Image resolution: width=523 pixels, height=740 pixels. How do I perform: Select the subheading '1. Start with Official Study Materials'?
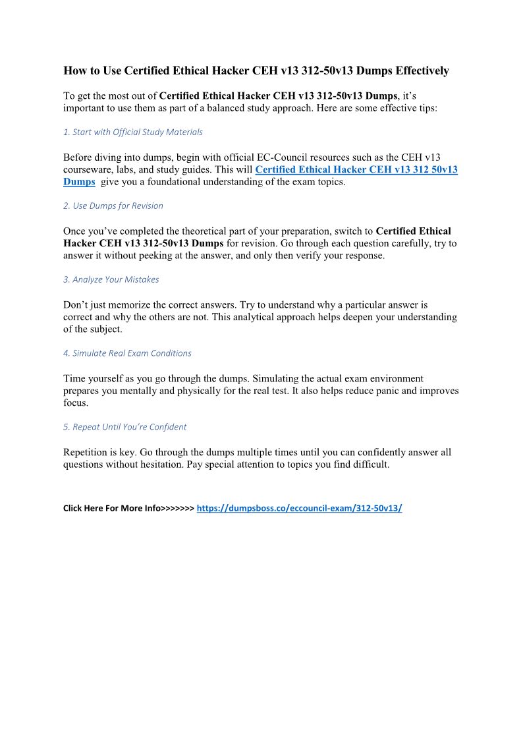point(132,132)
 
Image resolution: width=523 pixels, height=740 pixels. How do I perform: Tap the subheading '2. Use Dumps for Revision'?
point(113,206)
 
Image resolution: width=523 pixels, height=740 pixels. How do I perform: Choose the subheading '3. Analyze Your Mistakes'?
point(111,279)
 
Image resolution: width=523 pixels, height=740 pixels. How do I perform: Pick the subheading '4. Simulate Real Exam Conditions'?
point(127,353)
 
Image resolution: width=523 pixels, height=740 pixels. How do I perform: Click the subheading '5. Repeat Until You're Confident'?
point(124,427)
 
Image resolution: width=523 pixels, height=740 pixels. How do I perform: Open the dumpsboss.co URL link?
point(299,509)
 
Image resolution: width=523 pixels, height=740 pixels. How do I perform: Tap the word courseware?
point(88,170)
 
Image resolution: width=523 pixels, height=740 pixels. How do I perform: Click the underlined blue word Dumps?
point(79,182)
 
